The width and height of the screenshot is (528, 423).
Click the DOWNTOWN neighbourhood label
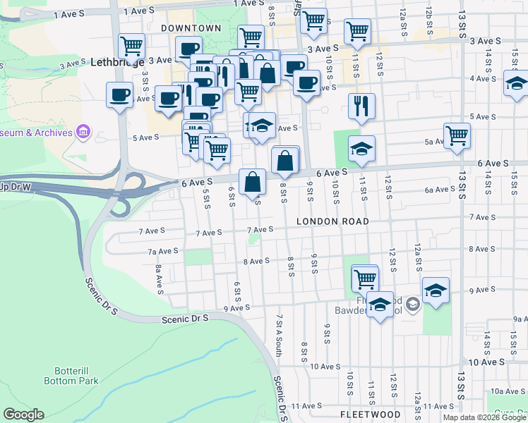click(x=191, y=28)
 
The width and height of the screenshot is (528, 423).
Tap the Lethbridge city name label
click(x=118, y=62)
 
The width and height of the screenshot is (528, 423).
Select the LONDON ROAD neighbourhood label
click(x=332, y=221)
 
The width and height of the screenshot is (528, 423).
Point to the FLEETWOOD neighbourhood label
click(x=371, y=414)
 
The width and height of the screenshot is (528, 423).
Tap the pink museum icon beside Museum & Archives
click(x=83, y=132)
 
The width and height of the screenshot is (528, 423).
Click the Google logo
click(x=23, y=415)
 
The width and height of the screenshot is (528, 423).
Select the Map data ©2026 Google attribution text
click(x=484, y=417)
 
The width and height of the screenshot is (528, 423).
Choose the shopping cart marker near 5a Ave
click(x=457, y=135)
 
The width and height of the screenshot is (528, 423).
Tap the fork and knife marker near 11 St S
click(x=361, y=106)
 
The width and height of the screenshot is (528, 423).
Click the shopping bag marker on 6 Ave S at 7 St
click(x=252, y=182)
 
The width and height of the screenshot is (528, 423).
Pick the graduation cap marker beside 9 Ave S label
click(x=436, y=290)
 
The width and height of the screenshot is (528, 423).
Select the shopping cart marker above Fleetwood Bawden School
click(x=365, y=278)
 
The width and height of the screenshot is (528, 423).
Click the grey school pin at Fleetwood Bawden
click(x=414, y=305)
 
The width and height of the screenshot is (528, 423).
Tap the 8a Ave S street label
click(x=160, y=275)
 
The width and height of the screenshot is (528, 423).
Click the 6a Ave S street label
click(x=440, y=190)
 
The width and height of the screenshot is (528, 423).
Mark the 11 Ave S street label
click(x=307, y=406)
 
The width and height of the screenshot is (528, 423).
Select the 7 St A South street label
click(x=280, y=335)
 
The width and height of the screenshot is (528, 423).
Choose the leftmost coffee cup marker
click(x=119, y=94)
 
